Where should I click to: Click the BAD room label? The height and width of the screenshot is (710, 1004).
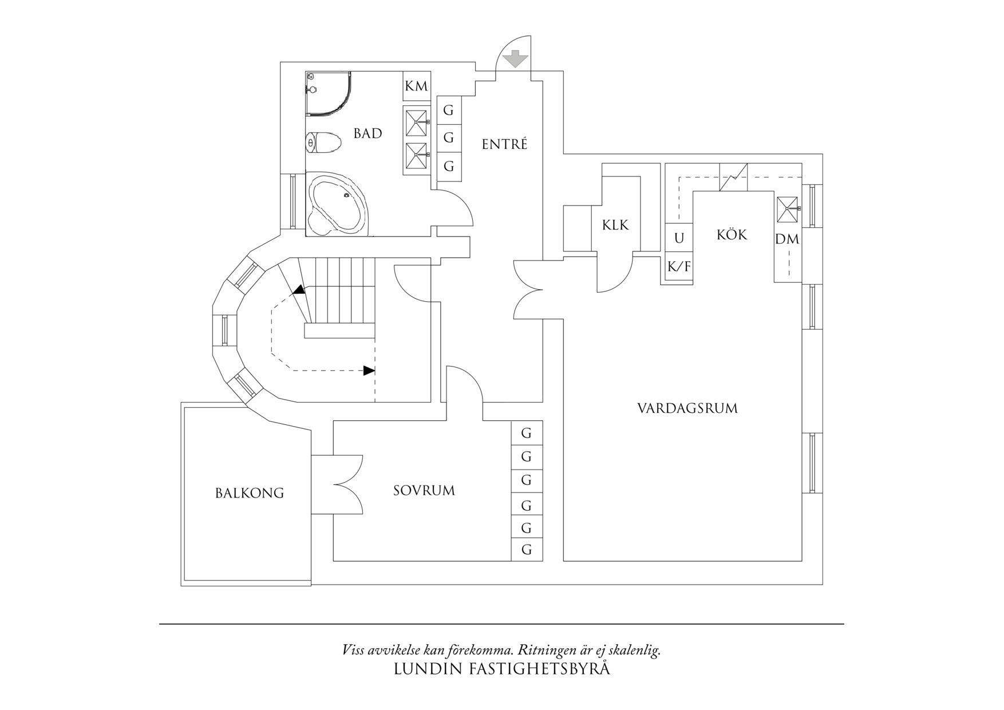367,133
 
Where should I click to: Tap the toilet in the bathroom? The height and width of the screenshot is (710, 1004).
323,142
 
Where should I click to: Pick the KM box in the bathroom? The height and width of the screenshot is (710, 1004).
417,86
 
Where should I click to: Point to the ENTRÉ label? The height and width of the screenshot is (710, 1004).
504,144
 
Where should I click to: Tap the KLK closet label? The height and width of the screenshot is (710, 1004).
615,225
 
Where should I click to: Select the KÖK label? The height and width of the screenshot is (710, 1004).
732,234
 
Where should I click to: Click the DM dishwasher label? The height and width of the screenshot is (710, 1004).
787,239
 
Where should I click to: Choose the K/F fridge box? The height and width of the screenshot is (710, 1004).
679,266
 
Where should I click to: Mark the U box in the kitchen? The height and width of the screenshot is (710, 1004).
679,238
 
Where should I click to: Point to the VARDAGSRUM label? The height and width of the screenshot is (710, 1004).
687,408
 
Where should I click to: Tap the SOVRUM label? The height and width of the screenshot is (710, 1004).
424,491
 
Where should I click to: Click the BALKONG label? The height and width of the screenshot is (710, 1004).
250,493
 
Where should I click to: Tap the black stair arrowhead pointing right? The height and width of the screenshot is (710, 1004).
369,370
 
